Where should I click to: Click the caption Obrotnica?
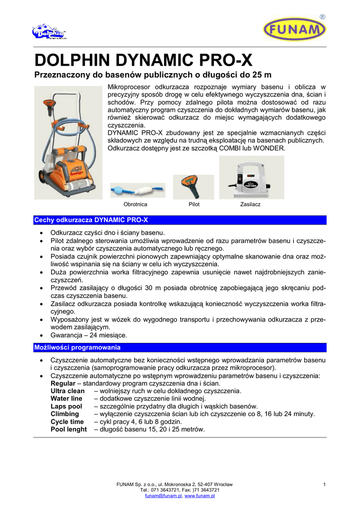point(135,204)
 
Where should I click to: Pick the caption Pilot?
point(194,204)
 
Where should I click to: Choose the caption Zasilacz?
point(250,204)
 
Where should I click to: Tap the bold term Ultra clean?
point(68,391)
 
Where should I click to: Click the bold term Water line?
point(67,399)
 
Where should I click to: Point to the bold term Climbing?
point(65,414)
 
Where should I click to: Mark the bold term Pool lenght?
point(69,429)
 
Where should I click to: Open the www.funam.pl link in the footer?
point(199,496)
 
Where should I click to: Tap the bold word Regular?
point(63,383)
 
